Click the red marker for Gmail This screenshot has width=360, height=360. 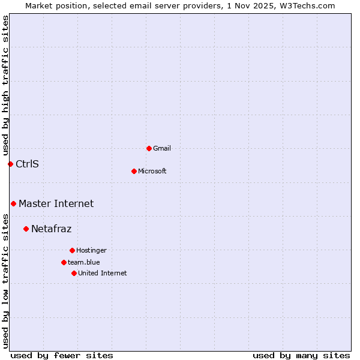click(x=149, y=148)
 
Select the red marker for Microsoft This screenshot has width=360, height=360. click(x=134, y=171)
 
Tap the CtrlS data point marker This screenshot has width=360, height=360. click(x=10, y=164)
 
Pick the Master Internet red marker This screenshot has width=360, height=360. click(x=13, y=203)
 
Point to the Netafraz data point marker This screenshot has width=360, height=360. click(x=26, y=229)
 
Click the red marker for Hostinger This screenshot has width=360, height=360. click(x=72, y=250)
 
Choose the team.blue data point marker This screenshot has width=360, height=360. click(x=64, y=262)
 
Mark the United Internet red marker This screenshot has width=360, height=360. click(x=74, y=273)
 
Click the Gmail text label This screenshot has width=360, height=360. click(x=162, y=148)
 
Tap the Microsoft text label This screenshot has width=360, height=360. click(x=152, y=171)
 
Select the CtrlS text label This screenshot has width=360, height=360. click(x=27, y=164)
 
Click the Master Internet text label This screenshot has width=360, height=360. click(x=56, y=203)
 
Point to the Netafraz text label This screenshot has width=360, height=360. click(x=51, y=229)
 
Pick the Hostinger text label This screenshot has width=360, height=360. click(x=91, y=250)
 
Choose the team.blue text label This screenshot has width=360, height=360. click(x=84, y=262)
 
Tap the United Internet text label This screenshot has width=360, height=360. click(x=102, y=273)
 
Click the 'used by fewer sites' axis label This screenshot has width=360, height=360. click(x=62, y=355)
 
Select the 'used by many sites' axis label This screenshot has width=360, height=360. click(x=301, y=355)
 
